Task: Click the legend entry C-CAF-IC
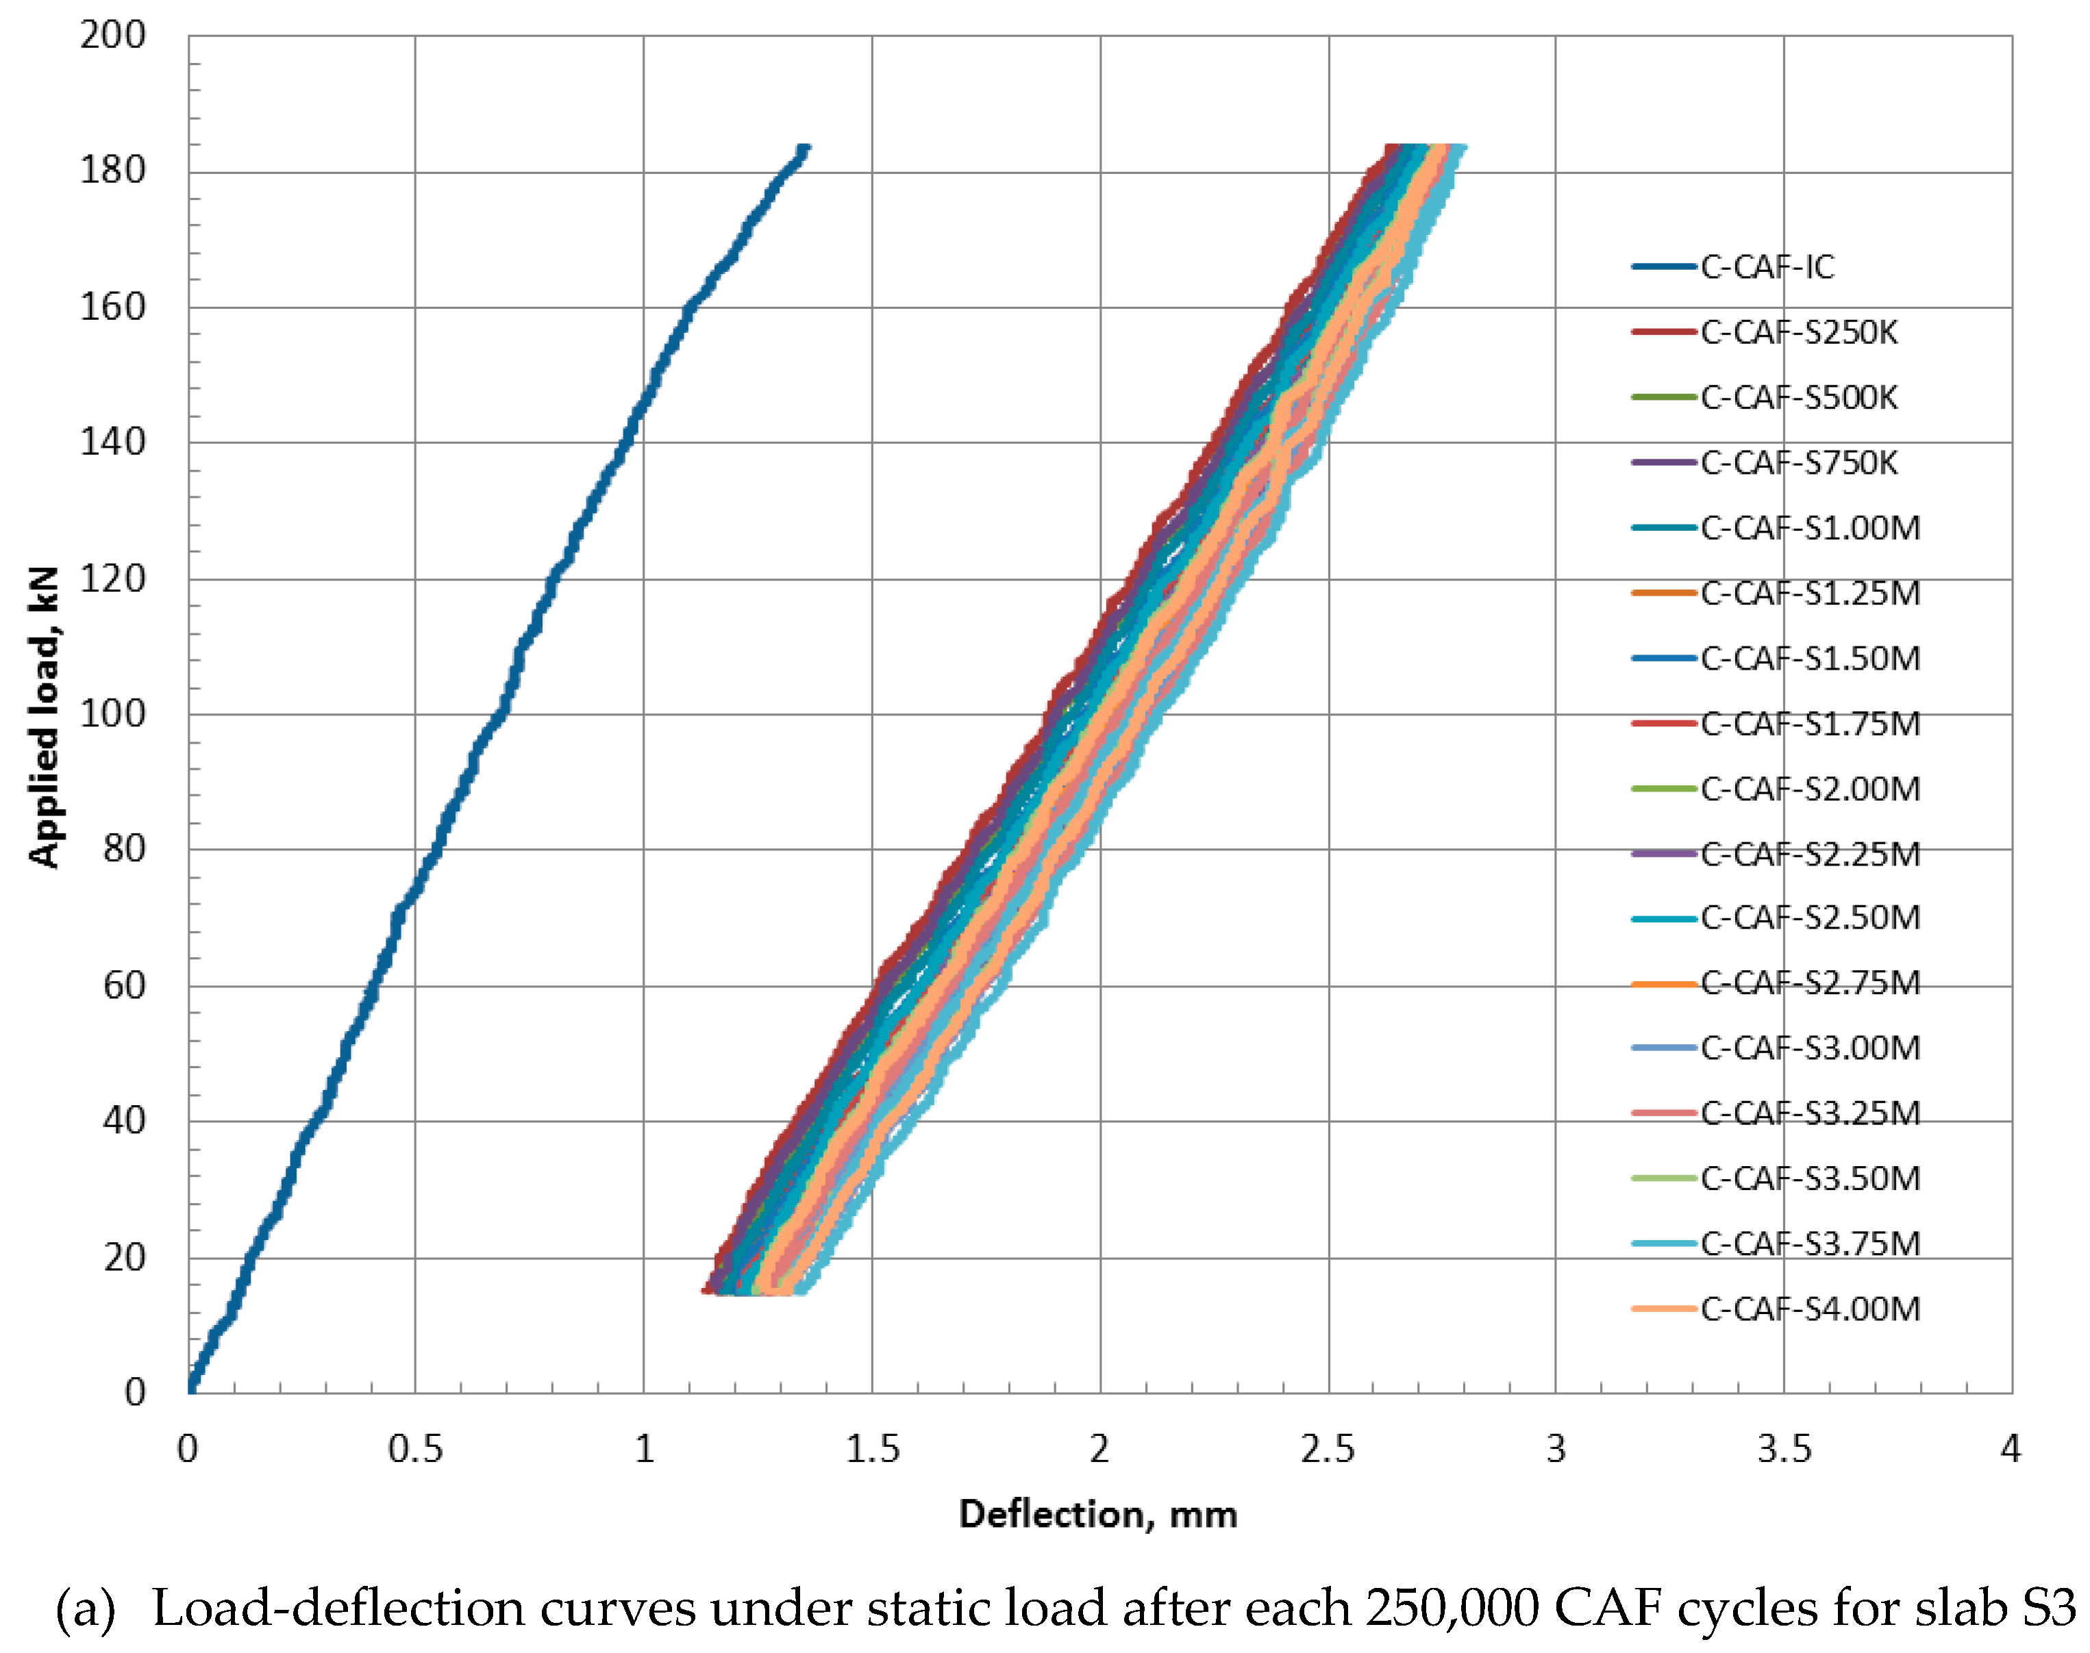pyautogui.click(x=1767, y=267)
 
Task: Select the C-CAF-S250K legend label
pyautogui.click(x=1799, y=333)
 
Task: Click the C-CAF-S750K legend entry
pyautogui.click(x=1799, y=464)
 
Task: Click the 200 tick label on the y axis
pyautogui.click(x=112, y=36)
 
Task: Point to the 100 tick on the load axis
pyautogui.click(x=112, y=714)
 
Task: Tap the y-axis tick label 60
pyautogui.click(x=124, y=986)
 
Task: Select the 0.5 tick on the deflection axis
pyautogui.click(x=415, y=1449)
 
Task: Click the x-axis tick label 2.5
pyautogui.click(x=1327, y=1449)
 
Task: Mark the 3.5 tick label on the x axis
pyautogui.click(x=1783, y=1449)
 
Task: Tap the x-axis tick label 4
pyautogui.click(x=2011, y=1449)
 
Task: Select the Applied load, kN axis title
pyautogui.click(x=44, y=716)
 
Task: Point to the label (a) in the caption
pyautogui.click(x=85, y=1609)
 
